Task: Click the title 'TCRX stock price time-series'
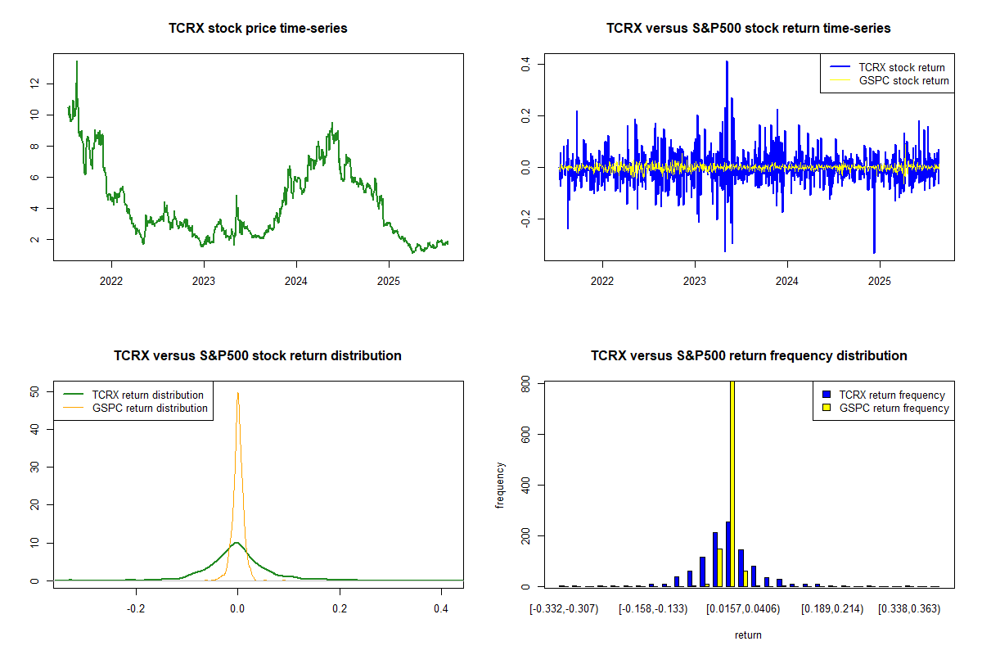[x=258, y=29]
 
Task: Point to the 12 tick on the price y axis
[x=34, y=84]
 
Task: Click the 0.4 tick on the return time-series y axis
[x=525, y=63]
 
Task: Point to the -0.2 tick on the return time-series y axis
[x=525, y=219]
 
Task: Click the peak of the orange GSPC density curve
[x=237, y=393]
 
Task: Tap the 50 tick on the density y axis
[x=34, y=391]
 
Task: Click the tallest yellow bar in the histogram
[x=732, y=483]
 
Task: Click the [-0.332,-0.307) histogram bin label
[x=565, y=609]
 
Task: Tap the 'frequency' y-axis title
[x=500, y=486]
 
